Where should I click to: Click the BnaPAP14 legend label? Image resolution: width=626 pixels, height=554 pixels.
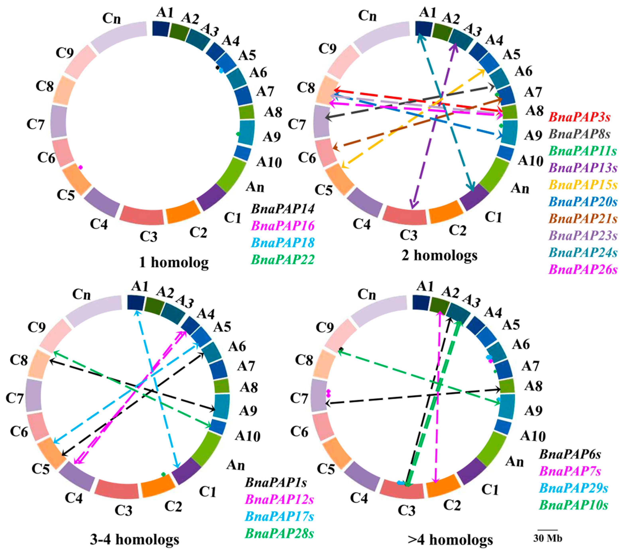(x=283, y=209)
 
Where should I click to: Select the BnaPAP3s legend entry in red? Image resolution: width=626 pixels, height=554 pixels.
(x=580, y=117)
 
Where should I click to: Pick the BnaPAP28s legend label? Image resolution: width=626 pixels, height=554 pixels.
(x=279, y=533)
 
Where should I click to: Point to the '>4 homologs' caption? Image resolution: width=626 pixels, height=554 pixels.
(x=450, y=540)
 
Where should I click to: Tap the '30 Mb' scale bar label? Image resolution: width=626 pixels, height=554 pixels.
(x=548, y=538)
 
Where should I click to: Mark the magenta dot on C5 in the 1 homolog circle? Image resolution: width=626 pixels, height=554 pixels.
(x=81, y=167)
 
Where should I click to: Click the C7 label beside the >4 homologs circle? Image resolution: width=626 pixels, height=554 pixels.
(x=299, y=398)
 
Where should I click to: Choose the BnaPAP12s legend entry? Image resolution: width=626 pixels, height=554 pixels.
(x=279, y=499)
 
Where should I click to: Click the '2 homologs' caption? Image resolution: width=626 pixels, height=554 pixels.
(x=439, y=255)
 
